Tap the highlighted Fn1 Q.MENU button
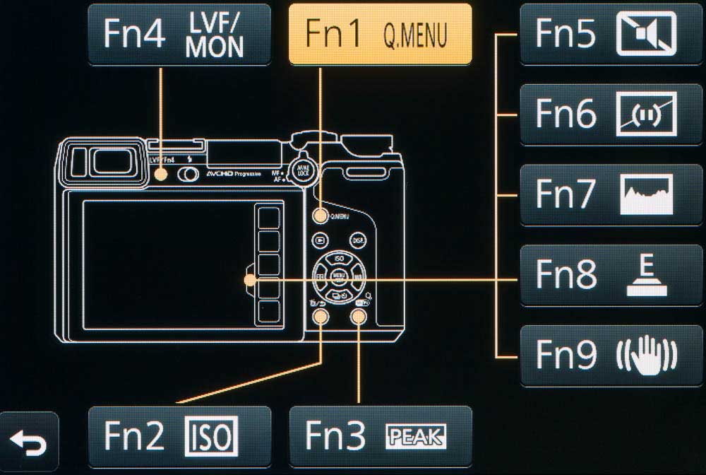[x=380, y=34]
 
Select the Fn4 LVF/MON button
[x=179, y=34]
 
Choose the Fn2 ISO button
[x=179, y=437]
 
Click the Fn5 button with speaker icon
[x=611, y=34]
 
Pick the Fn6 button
[x=611, y=114]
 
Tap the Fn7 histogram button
[x=611, y=194]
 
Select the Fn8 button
[x=611, y=275]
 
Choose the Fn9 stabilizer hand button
[x=611, y=355]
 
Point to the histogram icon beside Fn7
[x=646, y=195]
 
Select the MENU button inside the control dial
[x=338, y=276]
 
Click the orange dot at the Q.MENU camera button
[x=321, y=217]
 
